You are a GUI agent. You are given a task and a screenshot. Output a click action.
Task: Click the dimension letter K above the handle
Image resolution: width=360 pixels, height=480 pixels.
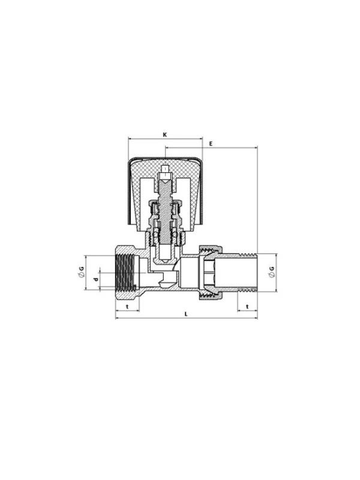[165, 134]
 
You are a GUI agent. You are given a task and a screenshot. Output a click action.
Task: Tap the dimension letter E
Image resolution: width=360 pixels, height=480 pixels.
[211, 143]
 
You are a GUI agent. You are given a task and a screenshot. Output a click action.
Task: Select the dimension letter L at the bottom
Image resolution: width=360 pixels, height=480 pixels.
[186, 314]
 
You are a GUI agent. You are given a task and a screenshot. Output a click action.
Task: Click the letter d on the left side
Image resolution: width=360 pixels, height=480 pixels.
[96, 279]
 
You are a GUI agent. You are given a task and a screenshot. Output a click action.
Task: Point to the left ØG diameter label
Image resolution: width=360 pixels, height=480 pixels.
[81, 272]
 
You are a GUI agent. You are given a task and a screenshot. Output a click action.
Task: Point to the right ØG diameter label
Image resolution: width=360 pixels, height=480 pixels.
[272, 272]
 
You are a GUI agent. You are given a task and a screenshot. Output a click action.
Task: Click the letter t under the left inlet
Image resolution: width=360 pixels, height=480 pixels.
[127, 306]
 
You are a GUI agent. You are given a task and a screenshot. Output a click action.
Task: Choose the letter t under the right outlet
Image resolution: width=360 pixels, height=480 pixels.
[247, 306]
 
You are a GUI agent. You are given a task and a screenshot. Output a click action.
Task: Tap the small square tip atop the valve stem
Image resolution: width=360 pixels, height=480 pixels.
[166, 169]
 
